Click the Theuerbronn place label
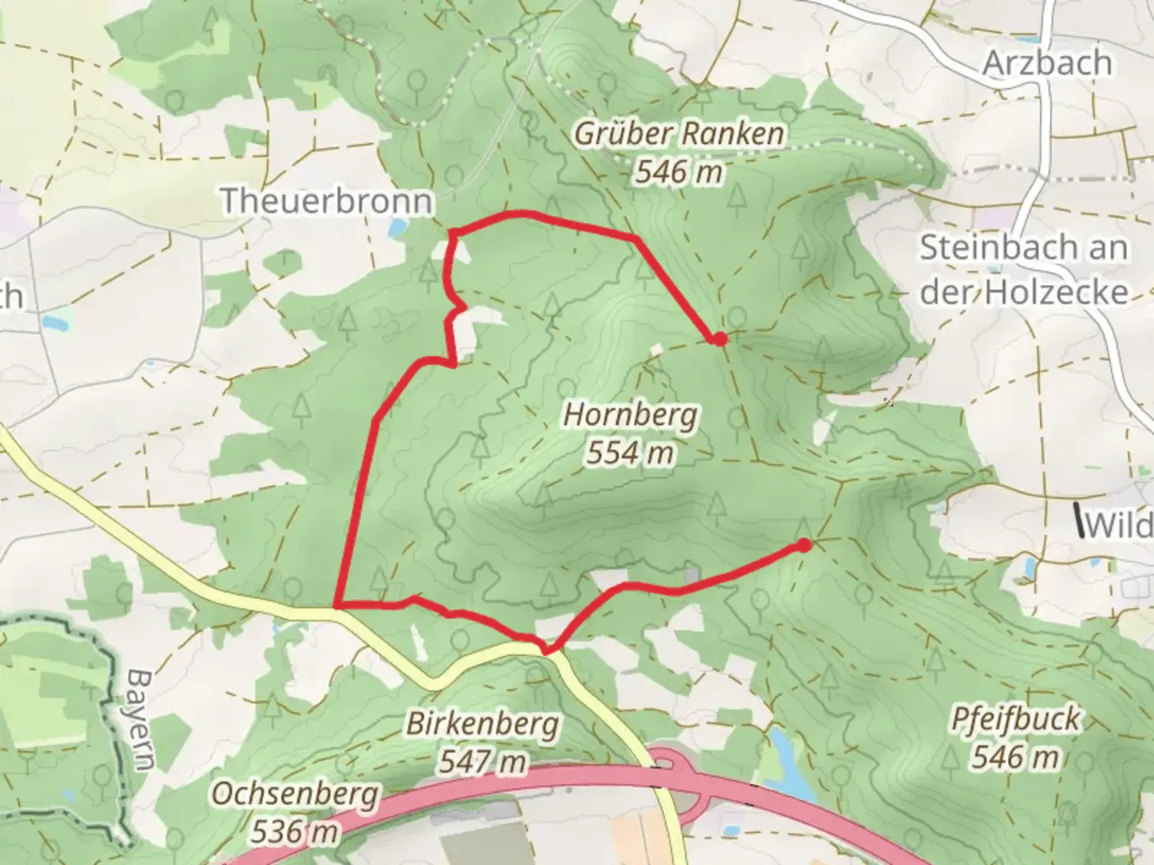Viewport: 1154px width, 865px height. pyautogui.click(x=326, y=200)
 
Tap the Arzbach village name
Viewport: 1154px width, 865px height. pyautogui.click(x=1047, y=62)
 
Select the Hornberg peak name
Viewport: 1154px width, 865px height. pyautogui.click(x=631, y=416)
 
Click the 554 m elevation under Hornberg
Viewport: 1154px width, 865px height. pyautogui.click(x=630, y=453)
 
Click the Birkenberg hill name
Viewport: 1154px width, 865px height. pyautogui.click(x=482, y=724)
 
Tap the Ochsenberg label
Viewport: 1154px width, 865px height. pyautogui.click(x=295, y=794)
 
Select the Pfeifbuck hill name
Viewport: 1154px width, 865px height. pyautogui.click(x=1015, y=718)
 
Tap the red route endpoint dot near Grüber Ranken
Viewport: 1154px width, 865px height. pyautogui.click(x=720, y=339)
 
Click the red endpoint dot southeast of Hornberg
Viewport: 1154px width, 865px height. pyautogui.click(x=803, y=545)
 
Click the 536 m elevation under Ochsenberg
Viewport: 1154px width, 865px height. pyautogui.click(x=294, y=831)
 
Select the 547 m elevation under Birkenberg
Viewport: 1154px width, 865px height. pyautogui.click(x=482, y=761)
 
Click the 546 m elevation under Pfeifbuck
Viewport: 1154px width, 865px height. pyautogui.click(x=1015, y=755)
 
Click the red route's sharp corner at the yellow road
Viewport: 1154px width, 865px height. pyautogui.click(x=337, y=606)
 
